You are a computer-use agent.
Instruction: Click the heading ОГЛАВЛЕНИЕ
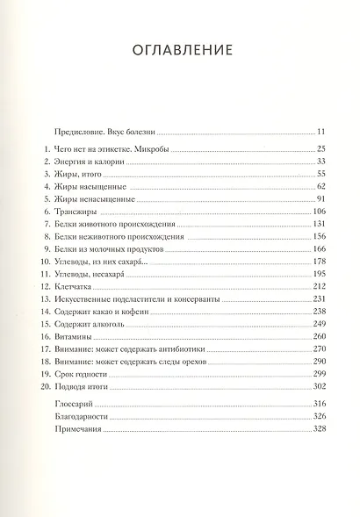pyautogui.click(x=180, y=50)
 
